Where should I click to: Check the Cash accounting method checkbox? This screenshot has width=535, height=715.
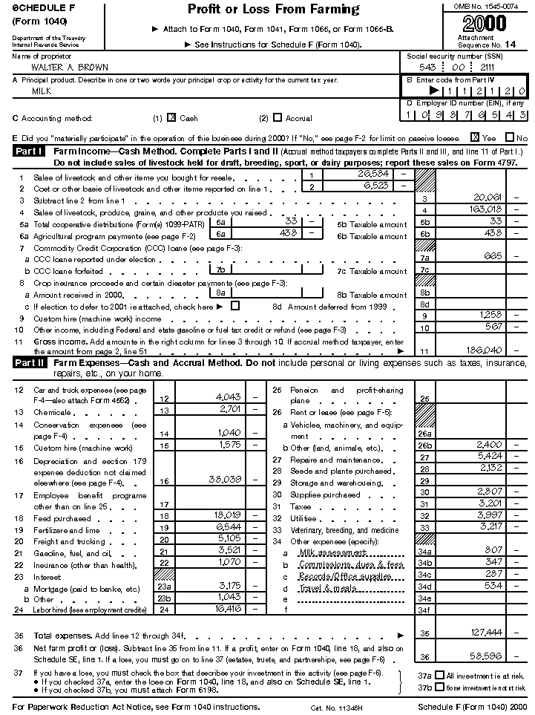(171, 117)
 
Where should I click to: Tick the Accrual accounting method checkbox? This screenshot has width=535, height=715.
(278, 117)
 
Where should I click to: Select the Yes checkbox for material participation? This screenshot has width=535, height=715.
(475, 137)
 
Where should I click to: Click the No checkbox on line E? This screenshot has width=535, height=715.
(510, 137)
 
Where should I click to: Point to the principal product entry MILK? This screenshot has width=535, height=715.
(42, 91)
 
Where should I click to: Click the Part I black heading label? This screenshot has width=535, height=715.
(30, 151)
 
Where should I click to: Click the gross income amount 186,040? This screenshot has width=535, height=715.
(485, 350)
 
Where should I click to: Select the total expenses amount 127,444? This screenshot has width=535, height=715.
(485, 633)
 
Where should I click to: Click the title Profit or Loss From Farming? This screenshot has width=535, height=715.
(273, 10)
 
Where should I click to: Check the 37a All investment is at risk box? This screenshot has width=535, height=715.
(440, 676)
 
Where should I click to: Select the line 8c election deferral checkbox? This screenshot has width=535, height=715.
(235, 306)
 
